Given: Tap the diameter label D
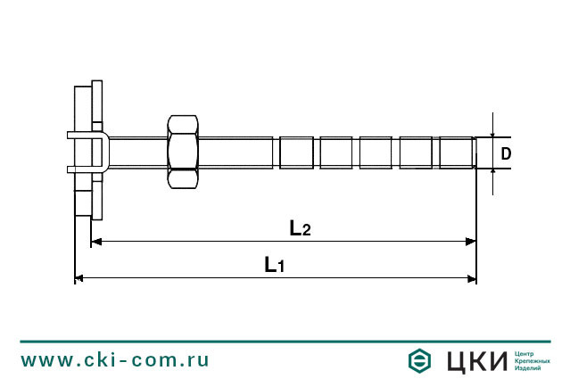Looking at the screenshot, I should (x=506, y=154).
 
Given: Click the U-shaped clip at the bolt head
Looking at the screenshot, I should (x=88, y=152).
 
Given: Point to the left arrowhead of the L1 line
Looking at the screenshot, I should (x=79, y=278).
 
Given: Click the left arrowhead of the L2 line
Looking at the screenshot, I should (x=96, y=241).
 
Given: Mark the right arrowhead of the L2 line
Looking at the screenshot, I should (x=470, y=241).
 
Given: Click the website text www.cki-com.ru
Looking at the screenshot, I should (x=115, y=360).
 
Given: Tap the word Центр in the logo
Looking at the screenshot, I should (x=525, y=353).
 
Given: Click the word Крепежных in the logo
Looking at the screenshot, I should (x=532, y=360).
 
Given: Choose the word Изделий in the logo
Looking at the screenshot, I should (x=528, y=367).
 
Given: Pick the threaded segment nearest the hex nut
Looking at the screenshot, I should (x=296, y=152).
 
